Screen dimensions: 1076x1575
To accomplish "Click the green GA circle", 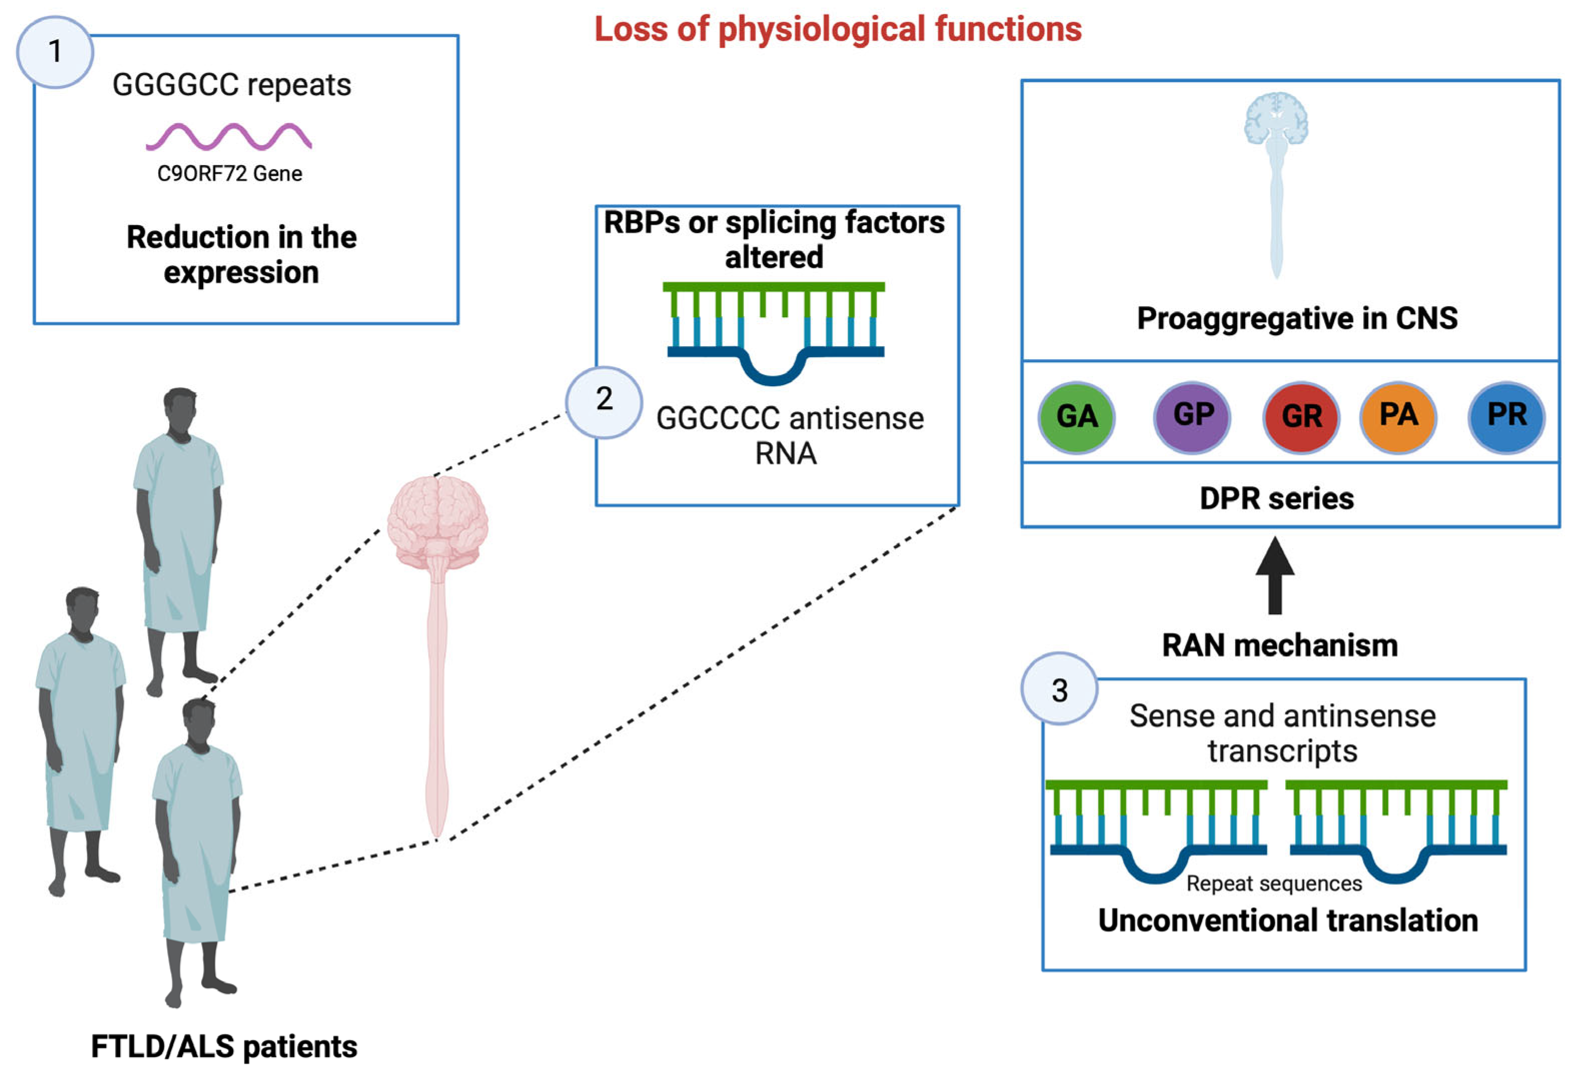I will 1076,417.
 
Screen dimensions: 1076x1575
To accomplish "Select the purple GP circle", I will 1193,415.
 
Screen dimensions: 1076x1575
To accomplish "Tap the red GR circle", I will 1301,417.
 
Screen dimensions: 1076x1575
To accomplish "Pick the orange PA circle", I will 1398,415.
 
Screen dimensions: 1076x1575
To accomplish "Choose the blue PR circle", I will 1506,415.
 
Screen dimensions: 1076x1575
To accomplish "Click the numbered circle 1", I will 55,52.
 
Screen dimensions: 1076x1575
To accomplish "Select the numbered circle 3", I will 1059,690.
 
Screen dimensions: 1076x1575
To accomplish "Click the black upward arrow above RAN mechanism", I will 1275,575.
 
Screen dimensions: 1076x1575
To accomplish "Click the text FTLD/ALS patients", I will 224,1046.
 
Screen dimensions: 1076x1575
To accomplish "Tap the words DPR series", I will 1277,498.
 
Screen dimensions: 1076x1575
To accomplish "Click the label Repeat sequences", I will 1274,883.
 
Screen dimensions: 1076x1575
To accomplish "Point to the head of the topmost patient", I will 180,407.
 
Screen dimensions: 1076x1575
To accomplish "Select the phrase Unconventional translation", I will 1288,920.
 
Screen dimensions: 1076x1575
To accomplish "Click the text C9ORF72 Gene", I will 230,174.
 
